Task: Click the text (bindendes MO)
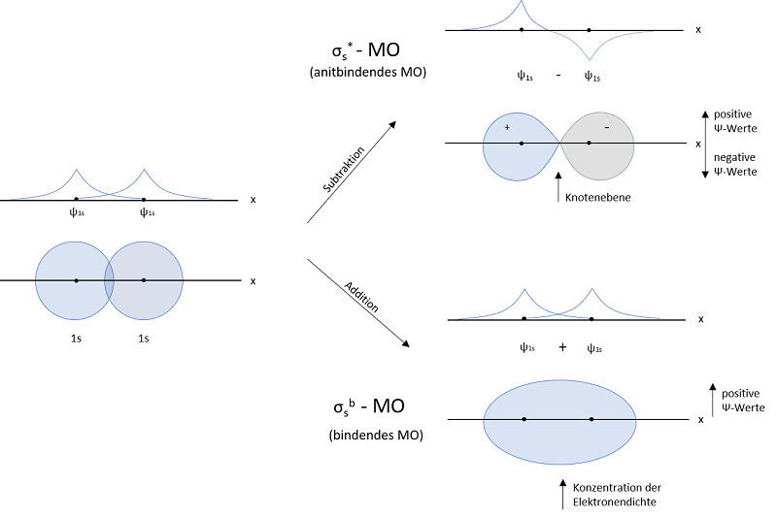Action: tap(375, 435)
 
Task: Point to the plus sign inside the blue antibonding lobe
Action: tap(506, 128)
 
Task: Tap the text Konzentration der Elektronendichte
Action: tap(618, 494)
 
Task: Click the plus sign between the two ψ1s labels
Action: tap(562, 346)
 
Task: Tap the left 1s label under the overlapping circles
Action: tap(77, 339)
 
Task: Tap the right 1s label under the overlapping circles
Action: tap(143, 339)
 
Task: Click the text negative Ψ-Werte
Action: tap(738, 165)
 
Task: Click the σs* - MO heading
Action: tap(375, 48)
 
